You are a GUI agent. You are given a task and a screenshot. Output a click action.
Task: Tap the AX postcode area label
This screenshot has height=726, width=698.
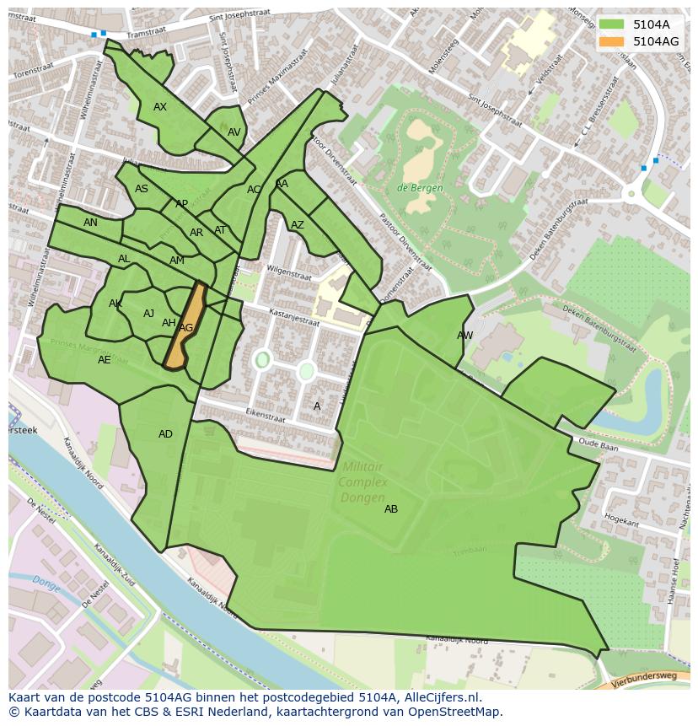[x=160, y=107]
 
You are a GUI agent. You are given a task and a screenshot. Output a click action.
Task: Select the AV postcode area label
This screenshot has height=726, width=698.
[x=234, y=132]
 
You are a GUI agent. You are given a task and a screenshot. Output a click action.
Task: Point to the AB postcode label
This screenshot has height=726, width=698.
[x=391, y=509]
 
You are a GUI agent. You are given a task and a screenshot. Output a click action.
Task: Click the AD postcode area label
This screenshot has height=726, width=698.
[x=165, y=434]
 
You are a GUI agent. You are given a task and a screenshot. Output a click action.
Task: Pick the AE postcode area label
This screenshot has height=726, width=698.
[x=105, y=360]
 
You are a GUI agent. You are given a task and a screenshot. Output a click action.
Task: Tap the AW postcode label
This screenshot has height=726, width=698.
[x=464, y=336]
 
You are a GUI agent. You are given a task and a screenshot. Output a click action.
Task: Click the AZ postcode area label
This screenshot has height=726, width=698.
[x=298, y=225]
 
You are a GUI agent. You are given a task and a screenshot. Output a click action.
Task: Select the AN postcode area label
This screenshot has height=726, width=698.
[x=90, y=223]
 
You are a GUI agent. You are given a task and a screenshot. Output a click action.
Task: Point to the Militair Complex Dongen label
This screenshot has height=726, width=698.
[x=363, y=481]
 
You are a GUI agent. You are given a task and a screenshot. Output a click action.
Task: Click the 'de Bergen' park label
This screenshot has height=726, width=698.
[x=420, y=188]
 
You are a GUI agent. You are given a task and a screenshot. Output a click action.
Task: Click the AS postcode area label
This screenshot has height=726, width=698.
[x=142, y=189]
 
